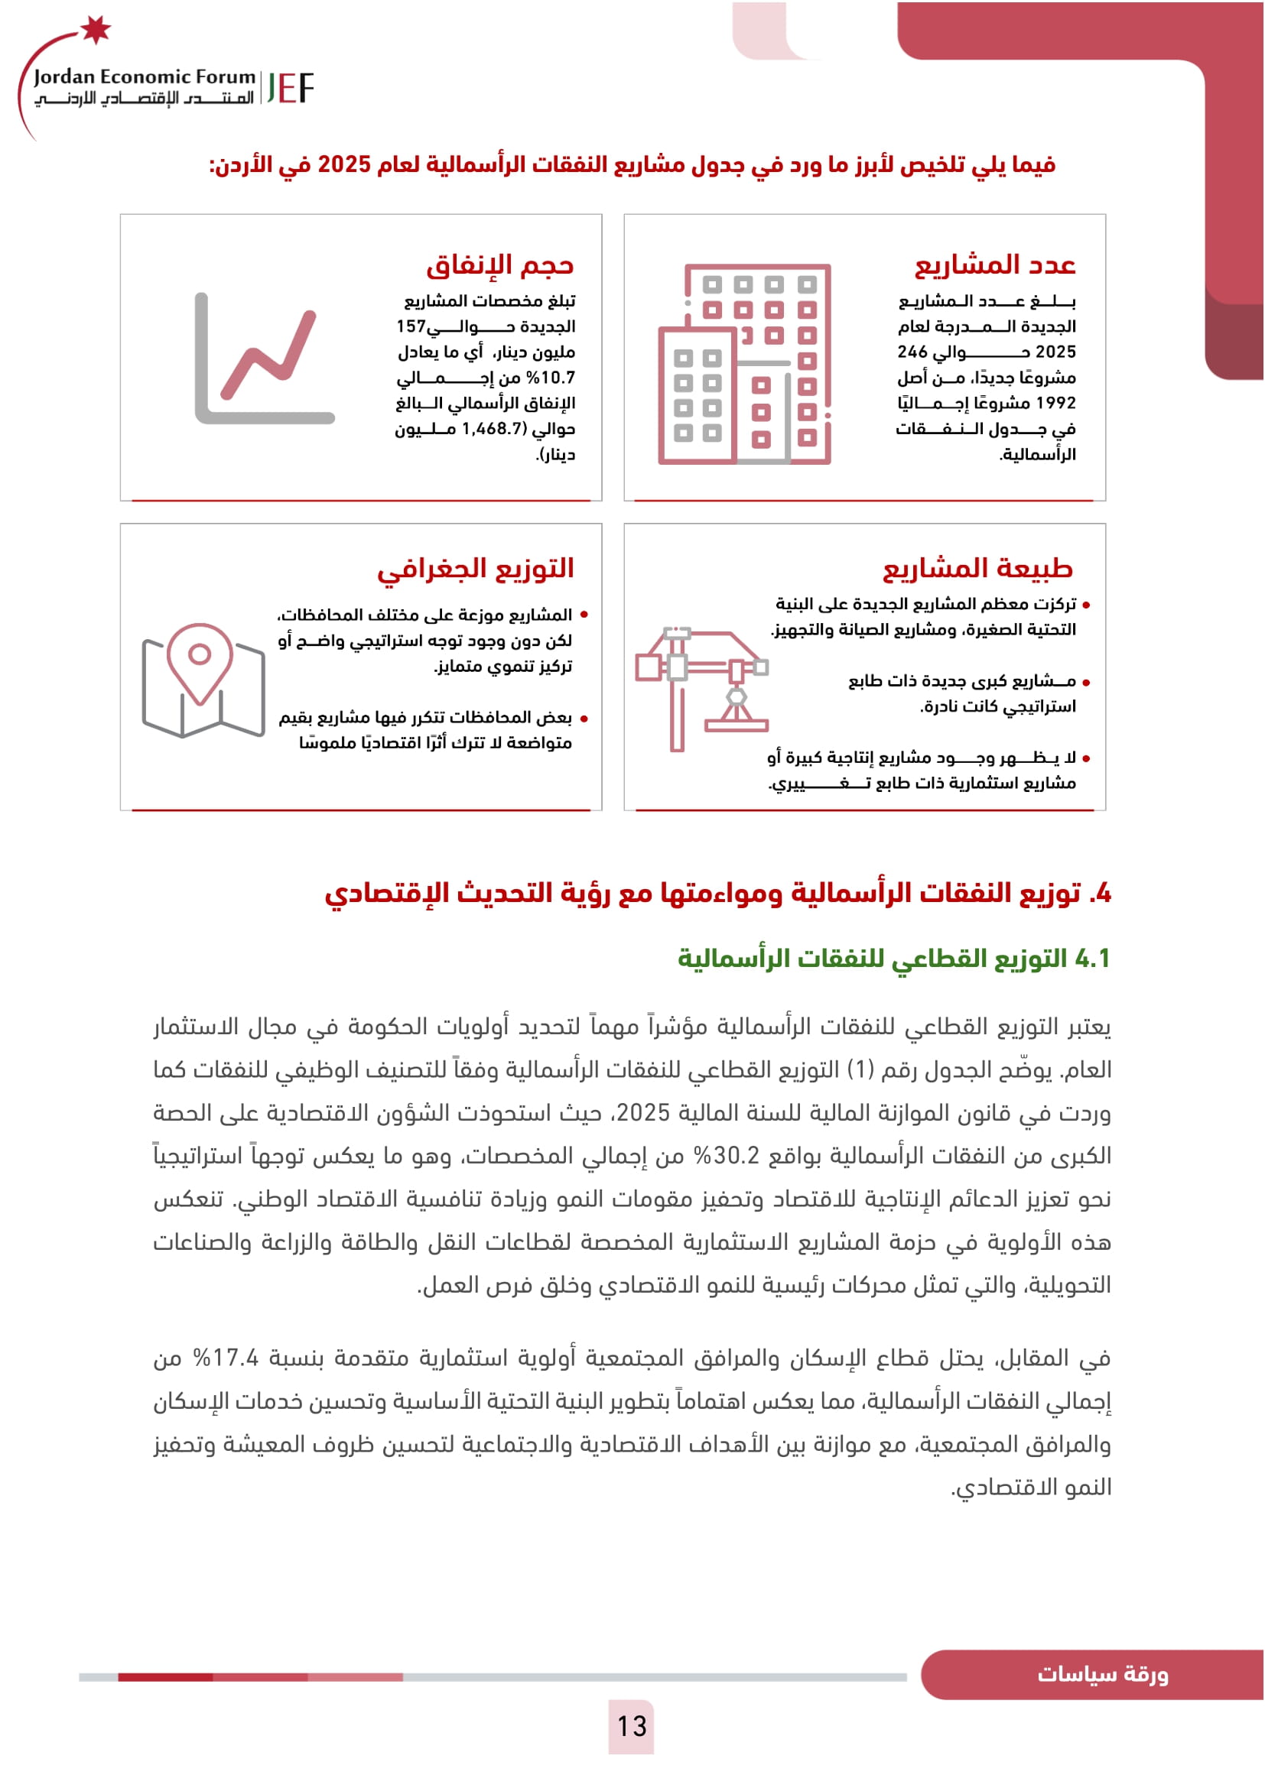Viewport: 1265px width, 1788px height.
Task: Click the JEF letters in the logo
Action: click(290, 88)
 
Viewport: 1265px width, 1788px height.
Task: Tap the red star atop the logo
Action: click(96, 29)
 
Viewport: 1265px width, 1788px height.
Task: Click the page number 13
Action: click(632, 1726)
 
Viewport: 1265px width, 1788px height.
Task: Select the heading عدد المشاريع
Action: click(995, 265)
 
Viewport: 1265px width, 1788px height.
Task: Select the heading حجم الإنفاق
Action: click(499, 265)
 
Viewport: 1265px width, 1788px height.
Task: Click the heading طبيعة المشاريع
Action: click(977, 569)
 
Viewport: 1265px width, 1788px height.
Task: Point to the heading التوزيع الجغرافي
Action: click(475, 569)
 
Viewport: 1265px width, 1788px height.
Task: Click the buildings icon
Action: click(745, 365)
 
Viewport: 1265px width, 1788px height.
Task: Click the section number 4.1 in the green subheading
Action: click(1092, 958)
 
